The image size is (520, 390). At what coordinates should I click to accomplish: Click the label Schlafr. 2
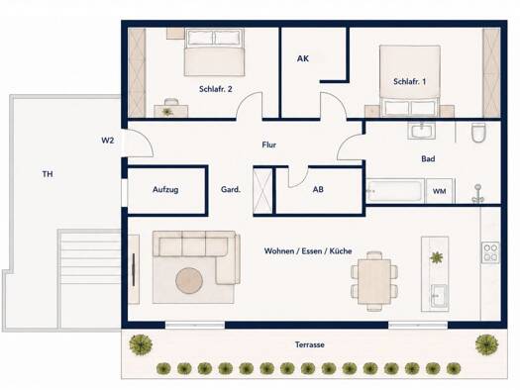point(215,89)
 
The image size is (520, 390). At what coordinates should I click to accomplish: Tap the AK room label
point(303,58)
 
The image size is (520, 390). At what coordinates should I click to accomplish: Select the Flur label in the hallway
point(269,145)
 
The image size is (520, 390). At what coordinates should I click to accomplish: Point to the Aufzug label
point(165,189)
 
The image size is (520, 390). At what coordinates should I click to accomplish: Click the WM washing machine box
point(440,191)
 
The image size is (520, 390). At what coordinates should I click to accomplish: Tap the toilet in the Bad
point(478,133)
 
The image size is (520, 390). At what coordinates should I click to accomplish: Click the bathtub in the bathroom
point(394,190)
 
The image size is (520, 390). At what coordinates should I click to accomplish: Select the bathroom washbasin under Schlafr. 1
point(422,130)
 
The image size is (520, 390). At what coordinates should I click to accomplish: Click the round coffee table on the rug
point(189,280)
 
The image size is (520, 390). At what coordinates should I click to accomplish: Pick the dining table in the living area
point(374,281)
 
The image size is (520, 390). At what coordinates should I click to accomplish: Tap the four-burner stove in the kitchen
point(490,252)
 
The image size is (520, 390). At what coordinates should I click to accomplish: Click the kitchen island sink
point(439,295)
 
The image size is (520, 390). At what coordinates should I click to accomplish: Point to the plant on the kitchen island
point(436,257)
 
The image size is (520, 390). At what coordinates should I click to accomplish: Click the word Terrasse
point(310,344)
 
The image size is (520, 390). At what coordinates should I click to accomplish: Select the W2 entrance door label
point(107,141)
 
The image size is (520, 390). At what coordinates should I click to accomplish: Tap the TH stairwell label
point(48,174)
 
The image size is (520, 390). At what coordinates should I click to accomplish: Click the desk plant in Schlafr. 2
point(166,112)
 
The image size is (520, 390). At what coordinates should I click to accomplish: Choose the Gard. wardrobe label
point(231,189)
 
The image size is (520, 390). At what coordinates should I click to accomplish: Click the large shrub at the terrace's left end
point(141,344)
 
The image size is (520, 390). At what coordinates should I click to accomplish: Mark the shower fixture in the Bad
point(477,194)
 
